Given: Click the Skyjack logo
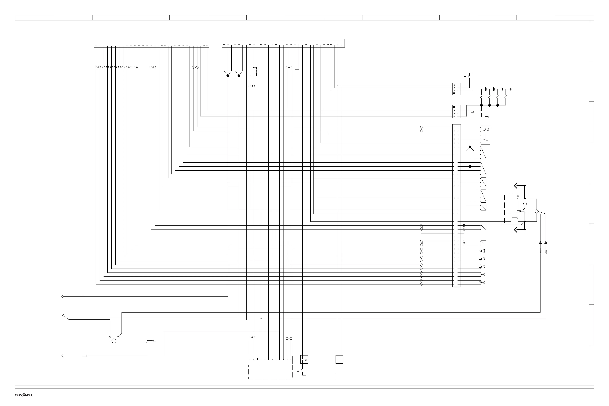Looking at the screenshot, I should point(24,395).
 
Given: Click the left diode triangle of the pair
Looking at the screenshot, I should point(540,242).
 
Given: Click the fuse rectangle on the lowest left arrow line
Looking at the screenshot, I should point(84,356).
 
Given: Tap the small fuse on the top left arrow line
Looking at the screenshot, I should point(83,296).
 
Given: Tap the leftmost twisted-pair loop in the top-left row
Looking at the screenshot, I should point(97,67).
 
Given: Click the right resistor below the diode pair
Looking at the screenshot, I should point(546,252).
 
